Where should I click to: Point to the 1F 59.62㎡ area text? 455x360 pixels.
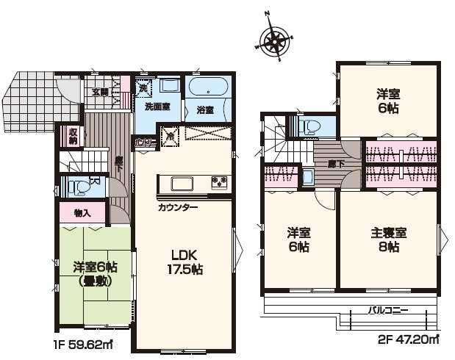82,342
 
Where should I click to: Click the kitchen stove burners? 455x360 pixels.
219,181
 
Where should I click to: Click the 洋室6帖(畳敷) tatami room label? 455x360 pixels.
94,273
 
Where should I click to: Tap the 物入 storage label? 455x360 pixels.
83,214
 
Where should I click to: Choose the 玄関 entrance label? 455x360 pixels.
100,92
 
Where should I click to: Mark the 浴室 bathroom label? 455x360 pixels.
205,111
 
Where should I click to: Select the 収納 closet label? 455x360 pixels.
73,134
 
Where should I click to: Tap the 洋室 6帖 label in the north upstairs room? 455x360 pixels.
387,100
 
